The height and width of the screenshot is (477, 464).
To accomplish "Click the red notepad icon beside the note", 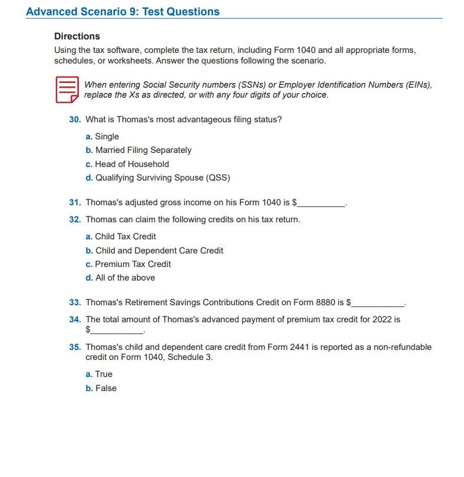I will (67, 89).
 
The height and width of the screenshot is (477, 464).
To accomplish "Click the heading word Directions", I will (77, 36).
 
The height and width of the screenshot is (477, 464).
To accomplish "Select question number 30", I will (75, 120).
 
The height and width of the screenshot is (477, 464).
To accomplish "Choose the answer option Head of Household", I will (132, 164).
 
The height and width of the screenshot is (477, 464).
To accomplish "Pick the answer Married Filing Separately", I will (143, 150).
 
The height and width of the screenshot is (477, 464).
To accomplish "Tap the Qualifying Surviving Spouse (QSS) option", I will (163, 178).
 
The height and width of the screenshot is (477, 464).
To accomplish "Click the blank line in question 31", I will (322, 205).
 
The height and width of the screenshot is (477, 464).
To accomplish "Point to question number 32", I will (75, 219).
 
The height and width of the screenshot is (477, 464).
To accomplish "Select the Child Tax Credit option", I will (125, 236).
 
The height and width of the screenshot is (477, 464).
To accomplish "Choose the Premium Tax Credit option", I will (133, 264).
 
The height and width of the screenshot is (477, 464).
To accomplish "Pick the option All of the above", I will (125, 278).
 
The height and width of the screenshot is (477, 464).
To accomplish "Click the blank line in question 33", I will (377, 305).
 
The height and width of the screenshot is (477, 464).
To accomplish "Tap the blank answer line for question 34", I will (117, 332).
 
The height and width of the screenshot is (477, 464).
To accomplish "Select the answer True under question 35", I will (104, 374).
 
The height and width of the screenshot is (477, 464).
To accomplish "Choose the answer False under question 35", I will (106, 388).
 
